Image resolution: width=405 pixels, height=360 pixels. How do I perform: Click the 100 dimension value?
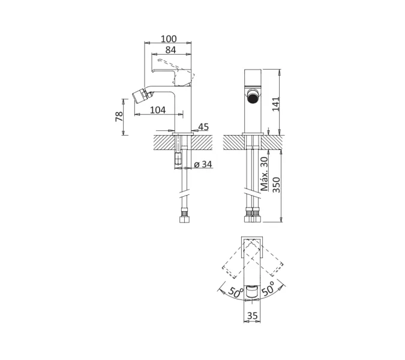pyautogui.click(x=169, y=39)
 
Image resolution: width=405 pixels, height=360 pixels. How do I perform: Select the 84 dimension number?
pyautogui.click(x=170, y=50)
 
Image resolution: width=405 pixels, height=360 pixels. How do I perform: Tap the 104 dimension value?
pyautogui.click(x=158, y=110)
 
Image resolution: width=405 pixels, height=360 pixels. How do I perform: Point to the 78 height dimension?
pyautogui.click(x=119, y=117)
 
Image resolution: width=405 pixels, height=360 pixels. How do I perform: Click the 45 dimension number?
pyautogui.click(x=203, y=127)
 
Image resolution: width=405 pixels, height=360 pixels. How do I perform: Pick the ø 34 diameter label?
pyautogui.click(x=203, y=164)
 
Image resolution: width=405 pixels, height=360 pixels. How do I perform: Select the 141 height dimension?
pyautogui.click(x=276, y=104)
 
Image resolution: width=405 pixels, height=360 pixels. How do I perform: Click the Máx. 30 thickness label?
pyautogui.click(x=265, y=173)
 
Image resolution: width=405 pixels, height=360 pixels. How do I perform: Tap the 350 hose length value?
pyautogui.click(x=276, y=185)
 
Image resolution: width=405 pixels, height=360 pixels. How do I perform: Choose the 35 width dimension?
pyautogui.click(x=253, y=316)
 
